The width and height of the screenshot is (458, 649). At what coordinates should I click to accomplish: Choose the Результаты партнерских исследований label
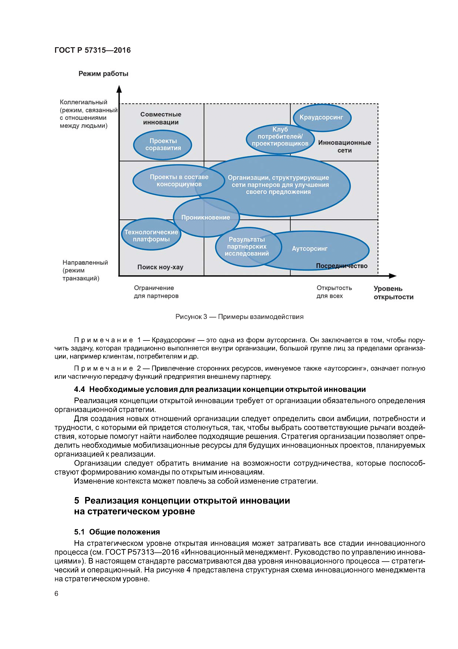click(x=247, y=246)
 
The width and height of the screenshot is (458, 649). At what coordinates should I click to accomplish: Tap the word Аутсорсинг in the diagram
click(x=310, y=249)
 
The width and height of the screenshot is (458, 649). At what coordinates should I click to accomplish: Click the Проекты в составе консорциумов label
click(x=179, y=181)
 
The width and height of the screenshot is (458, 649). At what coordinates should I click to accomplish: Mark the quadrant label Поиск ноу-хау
click(x=160, y=267)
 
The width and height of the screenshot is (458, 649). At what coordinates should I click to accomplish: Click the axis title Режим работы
click(x=103, y=74)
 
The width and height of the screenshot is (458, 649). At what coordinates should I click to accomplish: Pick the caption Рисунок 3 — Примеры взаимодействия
click(x=239, y=317)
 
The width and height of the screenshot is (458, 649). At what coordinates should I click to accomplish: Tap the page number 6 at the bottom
click(x=57, y=593)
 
